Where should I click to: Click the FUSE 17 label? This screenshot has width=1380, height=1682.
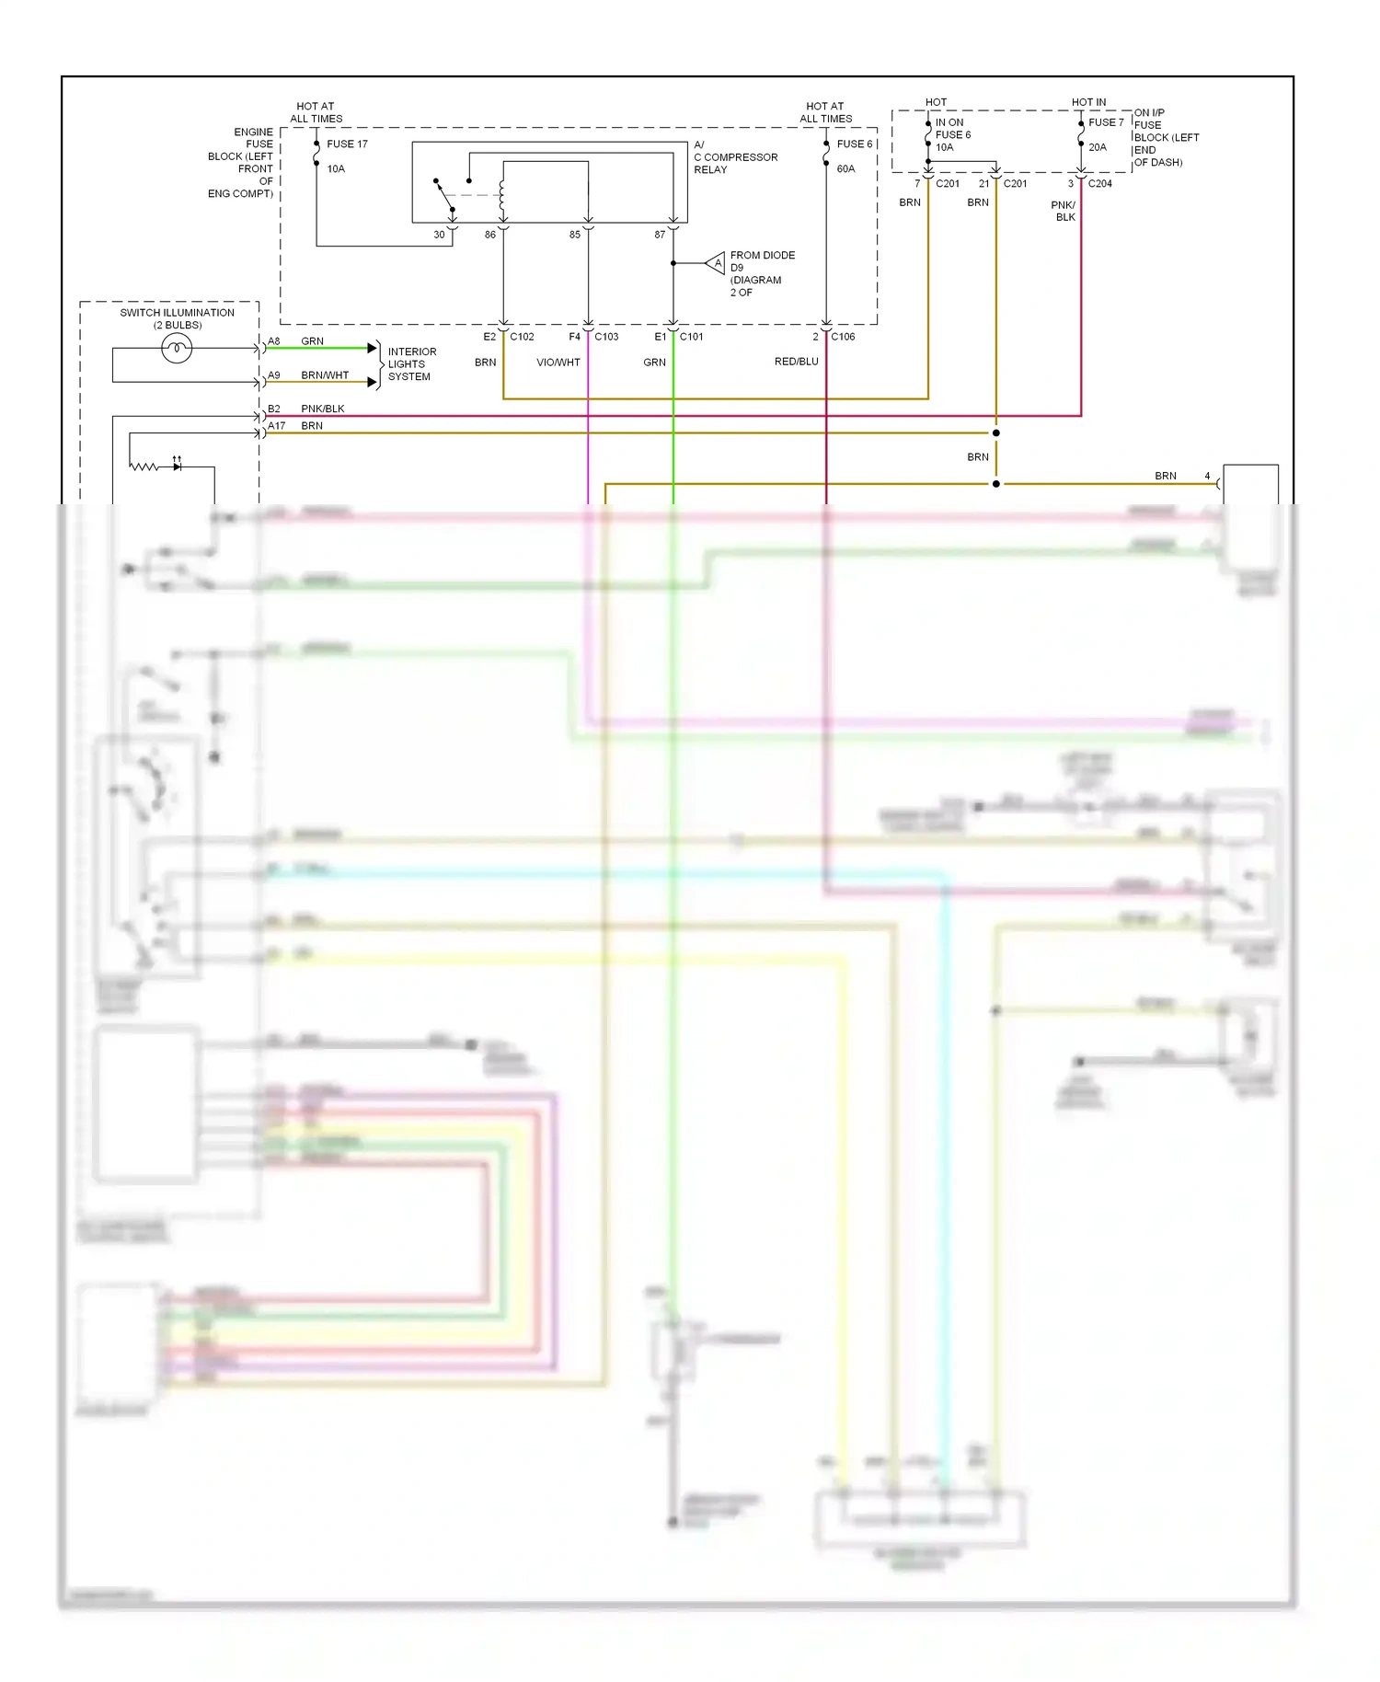tap(347, 144)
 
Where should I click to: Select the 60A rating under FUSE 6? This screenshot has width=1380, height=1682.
tap(845, 169)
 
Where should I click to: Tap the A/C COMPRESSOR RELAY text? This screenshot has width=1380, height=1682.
tap(735, 157)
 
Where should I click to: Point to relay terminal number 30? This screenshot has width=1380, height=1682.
tap(439, 235)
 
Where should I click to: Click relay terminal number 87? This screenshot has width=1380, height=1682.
tap(660, 235)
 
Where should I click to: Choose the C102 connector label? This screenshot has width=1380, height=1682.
tap(522, 337)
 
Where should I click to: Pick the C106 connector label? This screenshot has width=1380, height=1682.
tap(843, 337)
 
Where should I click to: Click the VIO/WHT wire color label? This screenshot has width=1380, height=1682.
tap(558, 363)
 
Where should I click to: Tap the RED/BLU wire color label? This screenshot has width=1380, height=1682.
tap(796, 362)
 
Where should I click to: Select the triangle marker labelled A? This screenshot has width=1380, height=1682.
tap(717, 264)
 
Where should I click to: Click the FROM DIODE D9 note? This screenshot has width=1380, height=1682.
tap(762, 273)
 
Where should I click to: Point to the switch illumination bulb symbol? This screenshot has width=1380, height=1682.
tap(177, 348)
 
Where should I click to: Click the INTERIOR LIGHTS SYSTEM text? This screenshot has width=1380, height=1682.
tap(411, 364)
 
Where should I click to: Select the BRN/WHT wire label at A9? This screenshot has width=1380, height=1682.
tap(325, 375)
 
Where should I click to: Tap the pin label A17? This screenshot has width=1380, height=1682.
tap(276, 426)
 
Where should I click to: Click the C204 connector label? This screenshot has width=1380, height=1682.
tap(1099, 184)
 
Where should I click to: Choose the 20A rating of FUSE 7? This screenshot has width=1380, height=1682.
tap(1098, 147)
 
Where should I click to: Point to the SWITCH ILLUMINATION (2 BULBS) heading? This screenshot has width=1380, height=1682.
tap(177, 318)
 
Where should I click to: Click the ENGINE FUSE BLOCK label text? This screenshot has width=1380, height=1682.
tap(242, 163)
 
